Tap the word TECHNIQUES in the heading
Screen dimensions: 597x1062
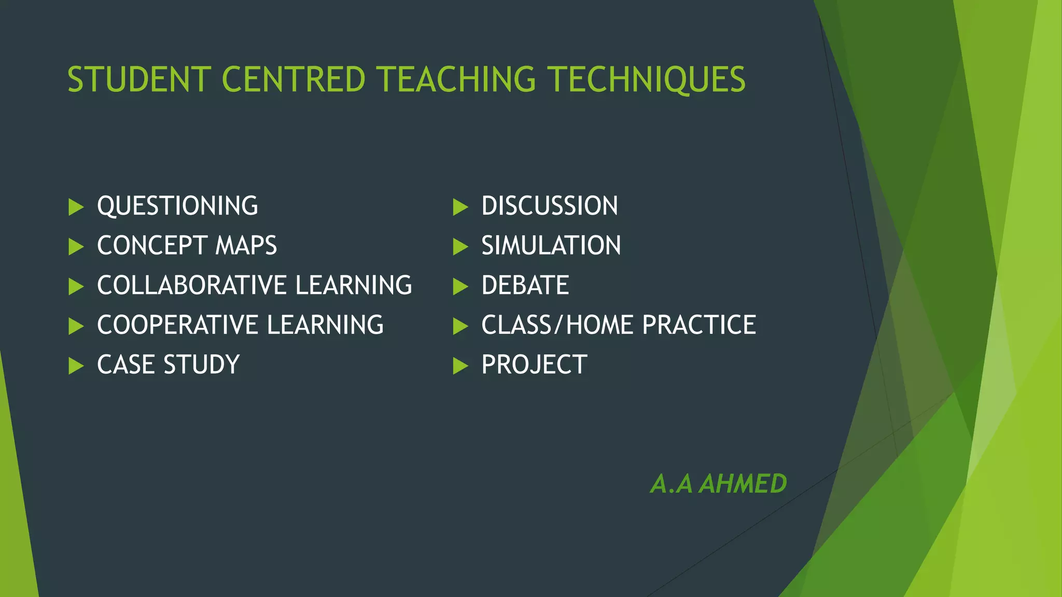(x=647, y=80)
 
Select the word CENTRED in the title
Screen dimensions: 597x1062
(x=294, y=80)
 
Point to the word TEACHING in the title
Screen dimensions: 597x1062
(x=456, y=80)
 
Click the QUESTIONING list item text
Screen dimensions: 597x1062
(x=177, y=206)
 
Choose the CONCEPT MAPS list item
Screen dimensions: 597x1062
(x=187, y=246)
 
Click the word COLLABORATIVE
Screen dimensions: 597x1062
(x=192, y=286)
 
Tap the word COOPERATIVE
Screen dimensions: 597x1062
(x=177, y=325)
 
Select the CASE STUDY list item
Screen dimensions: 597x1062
(x=168, y=365)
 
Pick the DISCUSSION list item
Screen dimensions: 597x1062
(x=550, y=206)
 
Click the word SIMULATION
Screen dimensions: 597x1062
(x=551, y=246)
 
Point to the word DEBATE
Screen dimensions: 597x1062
(x=525, y=286)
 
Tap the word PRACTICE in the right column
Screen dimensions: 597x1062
(x=699, y=325)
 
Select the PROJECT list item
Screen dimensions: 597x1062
(x=534, y=365)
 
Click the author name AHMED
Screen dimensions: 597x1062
(x=743, y=484)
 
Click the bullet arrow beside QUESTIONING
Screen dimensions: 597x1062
(x=76, y=207)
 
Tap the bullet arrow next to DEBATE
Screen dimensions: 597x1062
(x=460, y=287)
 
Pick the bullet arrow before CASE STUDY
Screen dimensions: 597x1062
(x=76, y=366)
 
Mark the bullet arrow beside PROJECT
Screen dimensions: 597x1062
(x=460, y=366)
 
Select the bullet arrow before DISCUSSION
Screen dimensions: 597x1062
(x=460, y=207)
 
